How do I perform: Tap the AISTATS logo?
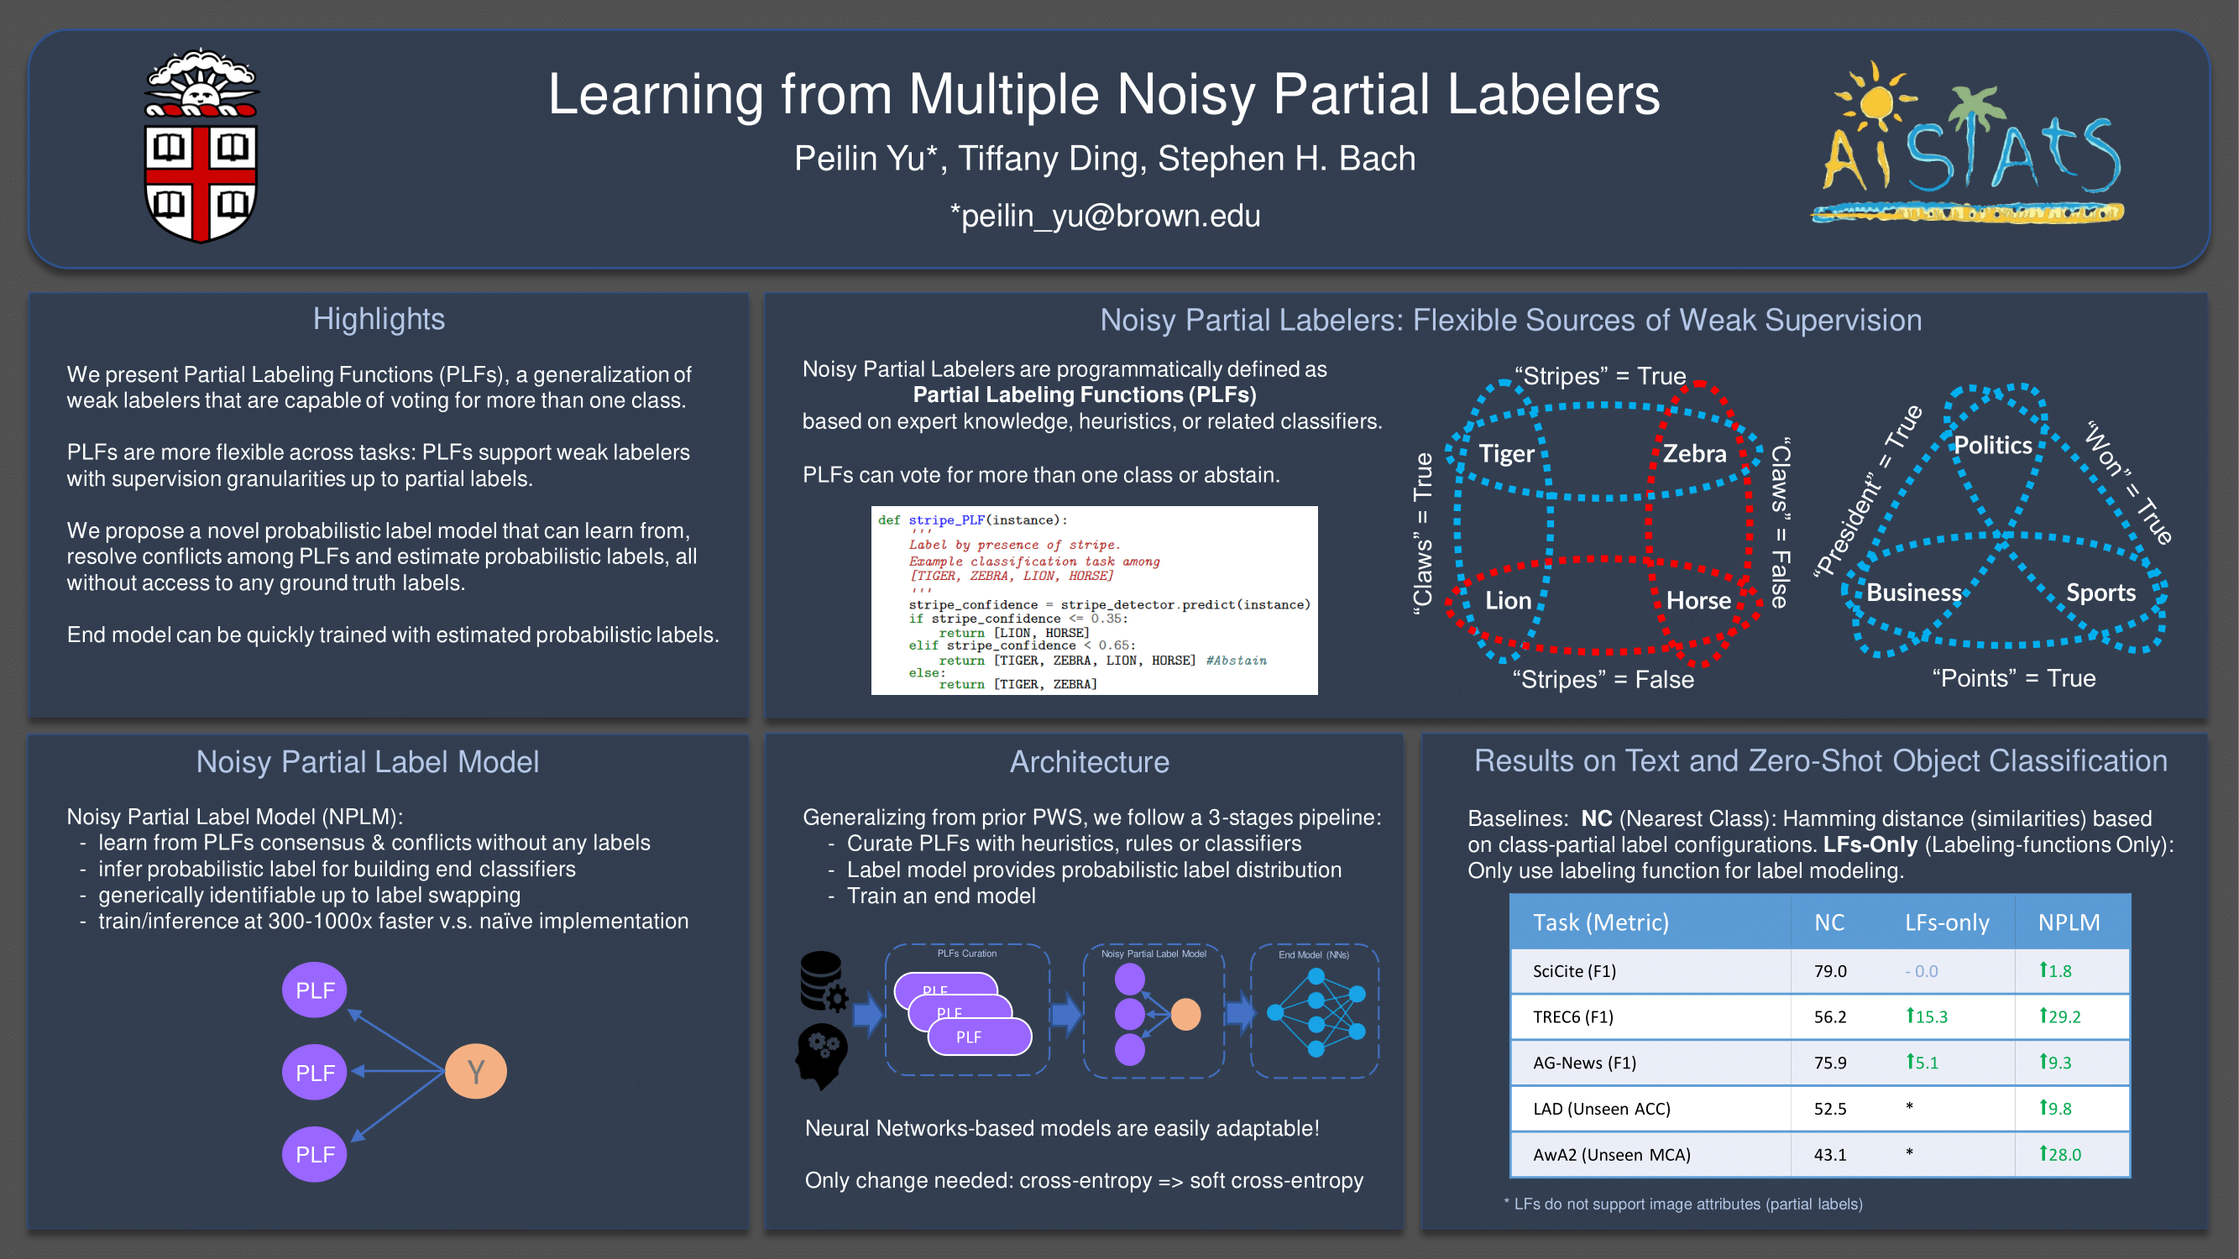(x=1970, y=144)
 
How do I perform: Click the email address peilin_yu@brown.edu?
(x=1105, y=216)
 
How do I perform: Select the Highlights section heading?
(x=378, y=319)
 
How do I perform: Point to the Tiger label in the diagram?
(x=1506, y=453)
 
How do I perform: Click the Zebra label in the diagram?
(x=1694, y=453)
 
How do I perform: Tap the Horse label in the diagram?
(x=1698, y=600)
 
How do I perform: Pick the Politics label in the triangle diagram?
(x=1992, y=446)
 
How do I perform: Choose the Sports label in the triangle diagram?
(x=2100, y=593)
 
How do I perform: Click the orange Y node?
(x=475, y=1071)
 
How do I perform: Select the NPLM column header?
(x=2068, y=922)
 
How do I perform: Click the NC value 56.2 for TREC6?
(x=1829, y=1016)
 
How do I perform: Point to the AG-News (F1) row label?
(x=1583, y=1063)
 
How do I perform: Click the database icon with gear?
(x=822, y=981)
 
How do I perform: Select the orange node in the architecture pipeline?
(x=1185, y=1014)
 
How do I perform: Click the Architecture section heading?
(x=1089, y=762)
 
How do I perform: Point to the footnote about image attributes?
(x=1682, y=1204)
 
